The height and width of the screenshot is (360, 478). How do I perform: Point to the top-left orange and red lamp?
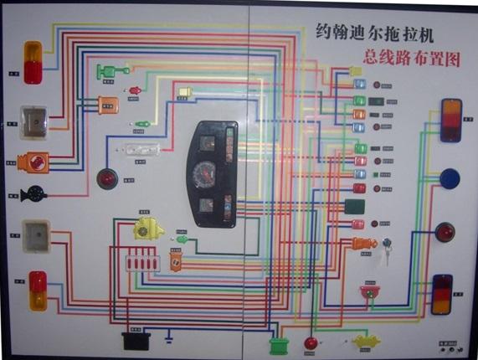click(33, 63)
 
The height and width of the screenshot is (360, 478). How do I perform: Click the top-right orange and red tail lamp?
click(451, 119)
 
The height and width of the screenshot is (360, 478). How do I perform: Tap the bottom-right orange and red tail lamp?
click(442, 294)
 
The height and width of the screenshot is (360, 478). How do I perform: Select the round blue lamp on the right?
click(450, 179)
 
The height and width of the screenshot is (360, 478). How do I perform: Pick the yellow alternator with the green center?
click(146, 229)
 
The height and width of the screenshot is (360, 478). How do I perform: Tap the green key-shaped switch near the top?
click(111, 70)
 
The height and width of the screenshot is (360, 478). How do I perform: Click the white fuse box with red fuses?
click(141, 263)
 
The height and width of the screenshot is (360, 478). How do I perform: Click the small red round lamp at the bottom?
click(311, 342)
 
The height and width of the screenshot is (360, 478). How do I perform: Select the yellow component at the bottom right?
click(366, 342)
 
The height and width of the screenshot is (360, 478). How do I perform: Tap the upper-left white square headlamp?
click(34, 120)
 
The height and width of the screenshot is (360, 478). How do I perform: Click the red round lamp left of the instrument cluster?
click(106, 178)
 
